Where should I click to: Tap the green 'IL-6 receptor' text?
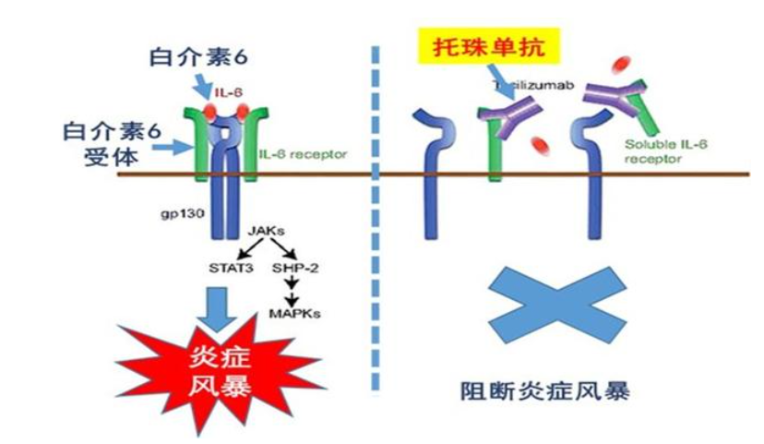(x=282, y=153)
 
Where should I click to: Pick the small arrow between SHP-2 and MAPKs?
(x=292, y=291)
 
